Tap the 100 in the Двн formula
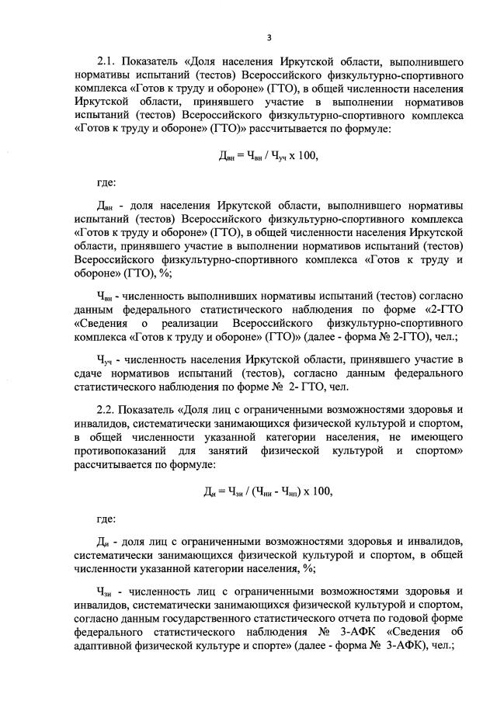308,155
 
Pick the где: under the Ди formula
106,518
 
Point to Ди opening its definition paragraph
104,541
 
